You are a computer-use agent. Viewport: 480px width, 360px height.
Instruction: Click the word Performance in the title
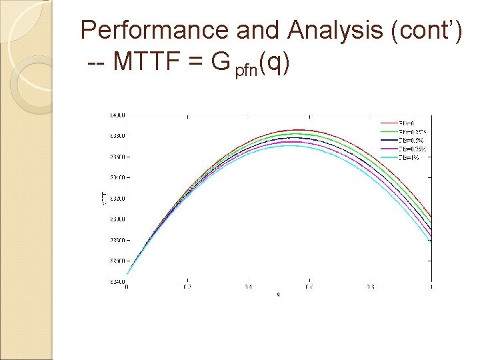click(155, 31)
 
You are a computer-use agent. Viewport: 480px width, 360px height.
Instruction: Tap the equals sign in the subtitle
click(191, 63)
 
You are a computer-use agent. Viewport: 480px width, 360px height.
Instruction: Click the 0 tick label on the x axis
click(127, 287)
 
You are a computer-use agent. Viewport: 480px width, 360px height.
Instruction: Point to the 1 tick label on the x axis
click(431, 287)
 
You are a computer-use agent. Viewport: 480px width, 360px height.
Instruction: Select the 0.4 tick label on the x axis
click(249, 287)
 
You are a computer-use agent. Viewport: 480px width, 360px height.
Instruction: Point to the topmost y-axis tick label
click(117, 115)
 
